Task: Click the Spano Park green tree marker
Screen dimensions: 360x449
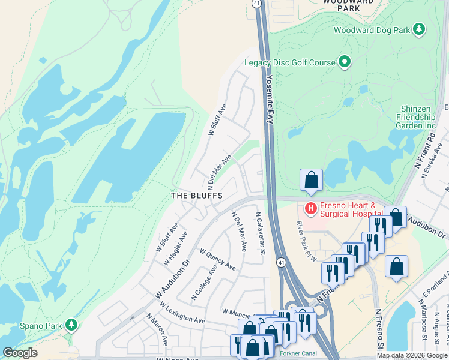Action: pos(71,325)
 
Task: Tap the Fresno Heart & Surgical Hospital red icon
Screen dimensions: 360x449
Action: pos(311,209)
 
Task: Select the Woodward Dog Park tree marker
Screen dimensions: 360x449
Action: pos(419,29)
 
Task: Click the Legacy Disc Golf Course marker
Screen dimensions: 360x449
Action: pos(345,62)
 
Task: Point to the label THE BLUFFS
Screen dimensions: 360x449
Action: pos(197,196)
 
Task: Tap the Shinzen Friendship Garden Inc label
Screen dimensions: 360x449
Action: pos(417,117)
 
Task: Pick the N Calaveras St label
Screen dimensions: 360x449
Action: pos(260,233)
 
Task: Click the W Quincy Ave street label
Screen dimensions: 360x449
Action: pos(217,260)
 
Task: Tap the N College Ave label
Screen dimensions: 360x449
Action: pos(204,284)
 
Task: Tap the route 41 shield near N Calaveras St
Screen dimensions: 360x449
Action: pos(281,262)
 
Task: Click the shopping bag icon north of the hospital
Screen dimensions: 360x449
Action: pos(311,180)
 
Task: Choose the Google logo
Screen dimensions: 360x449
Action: pos(20,353)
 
